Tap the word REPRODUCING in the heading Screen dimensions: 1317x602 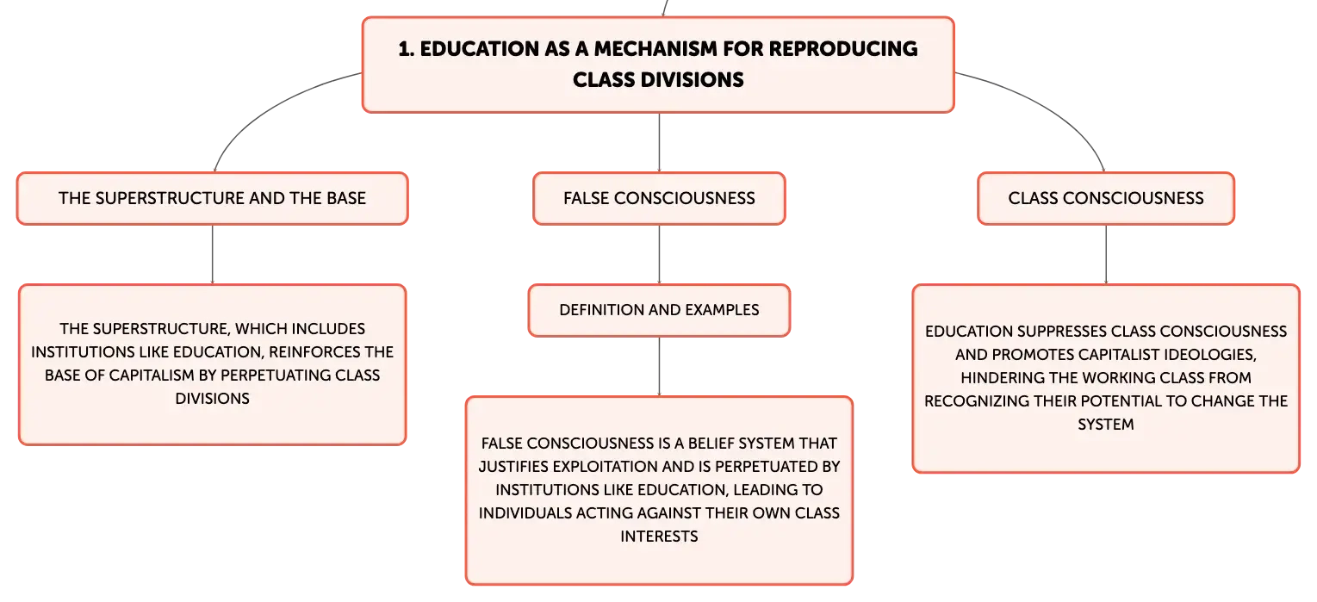[x=843, y=48]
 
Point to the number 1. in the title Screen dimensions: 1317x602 [x=407, y=48]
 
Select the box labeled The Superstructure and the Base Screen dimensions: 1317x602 [x=212, y=198]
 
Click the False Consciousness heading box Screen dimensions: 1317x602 [x=659, y=198]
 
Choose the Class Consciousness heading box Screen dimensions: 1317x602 [x=1106, y=198]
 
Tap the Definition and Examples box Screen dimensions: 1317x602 [x=659, y=310]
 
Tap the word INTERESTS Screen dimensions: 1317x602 [x=659, y=537]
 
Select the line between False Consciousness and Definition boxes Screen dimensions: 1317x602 [x=659, y=255]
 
